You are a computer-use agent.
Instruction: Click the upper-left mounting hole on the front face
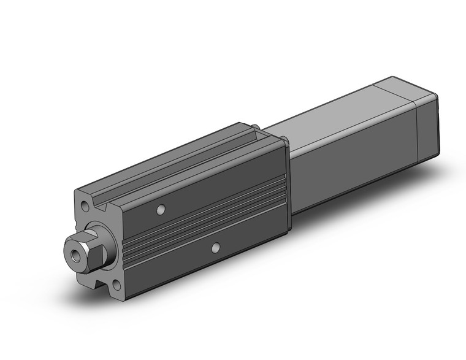83,202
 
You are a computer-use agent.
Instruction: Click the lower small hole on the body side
215,248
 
